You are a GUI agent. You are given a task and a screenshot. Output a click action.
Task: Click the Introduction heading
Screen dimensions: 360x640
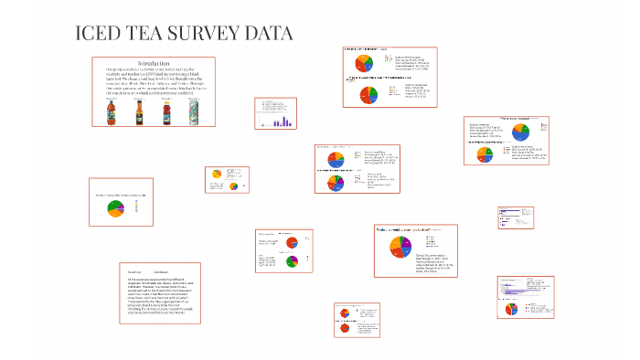pyautogui.click(x=154, y=62)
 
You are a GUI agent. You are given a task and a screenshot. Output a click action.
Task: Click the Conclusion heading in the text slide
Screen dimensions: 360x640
pyautogui.click(x=161, y=272)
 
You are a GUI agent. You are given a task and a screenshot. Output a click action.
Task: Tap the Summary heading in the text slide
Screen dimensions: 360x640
pyautogui.click(x=134, y=272)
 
